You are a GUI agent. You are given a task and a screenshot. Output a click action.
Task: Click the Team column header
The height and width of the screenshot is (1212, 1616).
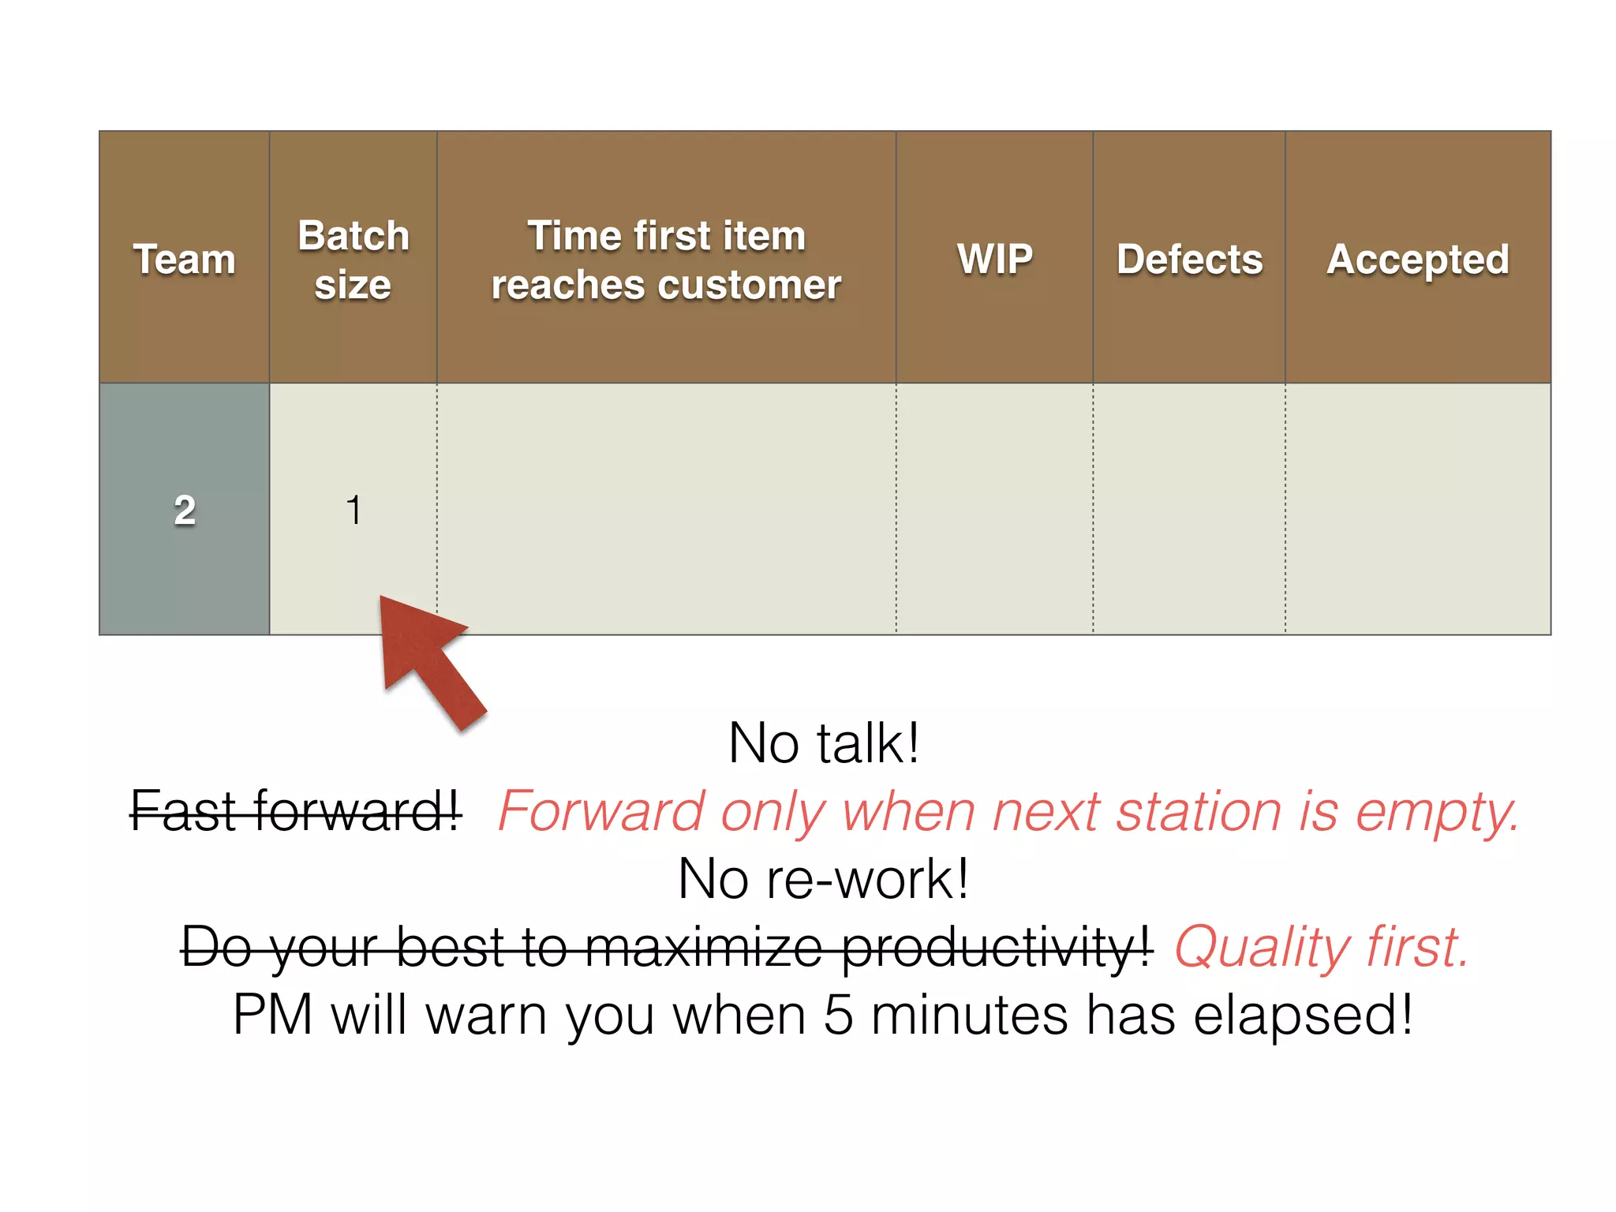point(184,259)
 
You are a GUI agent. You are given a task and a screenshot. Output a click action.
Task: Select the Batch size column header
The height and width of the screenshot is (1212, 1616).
point(353,260)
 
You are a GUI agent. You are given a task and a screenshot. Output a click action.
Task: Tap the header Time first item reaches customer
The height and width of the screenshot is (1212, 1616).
point(666,260)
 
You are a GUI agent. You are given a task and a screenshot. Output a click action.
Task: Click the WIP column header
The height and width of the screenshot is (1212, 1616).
point(995,259)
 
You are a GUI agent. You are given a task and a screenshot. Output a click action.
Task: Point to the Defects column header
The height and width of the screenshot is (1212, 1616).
point(1189,259)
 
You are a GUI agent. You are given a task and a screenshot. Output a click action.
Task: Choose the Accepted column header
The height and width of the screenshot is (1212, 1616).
point(1417,260)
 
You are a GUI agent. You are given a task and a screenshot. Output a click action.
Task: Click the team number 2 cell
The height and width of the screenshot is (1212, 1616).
point(185,510)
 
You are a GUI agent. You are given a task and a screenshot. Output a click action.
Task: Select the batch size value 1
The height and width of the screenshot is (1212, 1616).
point(353,510)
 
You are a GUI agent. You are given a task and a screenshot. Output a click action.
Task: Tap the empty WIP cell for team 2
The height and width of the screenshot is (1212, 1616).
point(994,510)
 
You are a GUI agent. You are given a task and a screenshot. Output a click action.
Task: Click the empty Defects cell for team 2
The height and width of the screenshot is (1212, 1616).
point(1189,510)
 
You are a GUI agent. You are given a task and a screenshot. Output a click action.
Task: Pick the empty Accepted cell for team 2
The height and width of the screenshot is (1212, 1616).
point(1417,510)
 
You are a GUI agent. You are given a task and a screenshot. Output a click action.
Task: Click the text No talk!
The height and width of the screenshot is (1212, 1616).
point(824,743)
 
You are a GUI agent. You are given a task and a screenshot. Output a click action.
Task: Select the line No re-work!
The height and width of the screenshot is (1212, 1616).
point(824,879)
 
